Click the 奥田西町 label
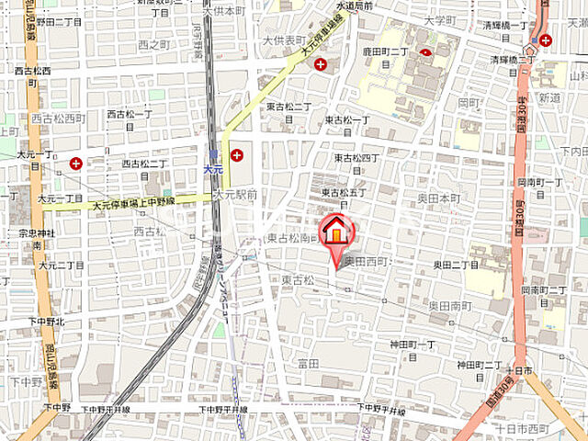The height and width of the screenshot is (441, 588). point(367,262)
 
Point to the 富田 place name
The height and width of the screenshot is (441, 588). point(308,364)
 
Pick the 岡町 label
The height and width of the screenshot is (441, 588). point(469,103)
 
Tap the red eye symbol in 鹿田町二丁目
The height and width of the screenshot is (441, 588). point(425,53)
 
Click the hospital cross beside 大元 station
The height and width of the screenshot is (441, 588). point(238,155)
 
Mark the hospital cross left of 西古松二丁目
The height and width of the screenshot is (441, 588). point(75,164)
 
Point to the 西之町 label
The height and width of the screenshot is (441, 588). point(153,44)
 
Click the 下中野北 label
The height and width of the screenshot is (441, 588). point(46,322)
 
